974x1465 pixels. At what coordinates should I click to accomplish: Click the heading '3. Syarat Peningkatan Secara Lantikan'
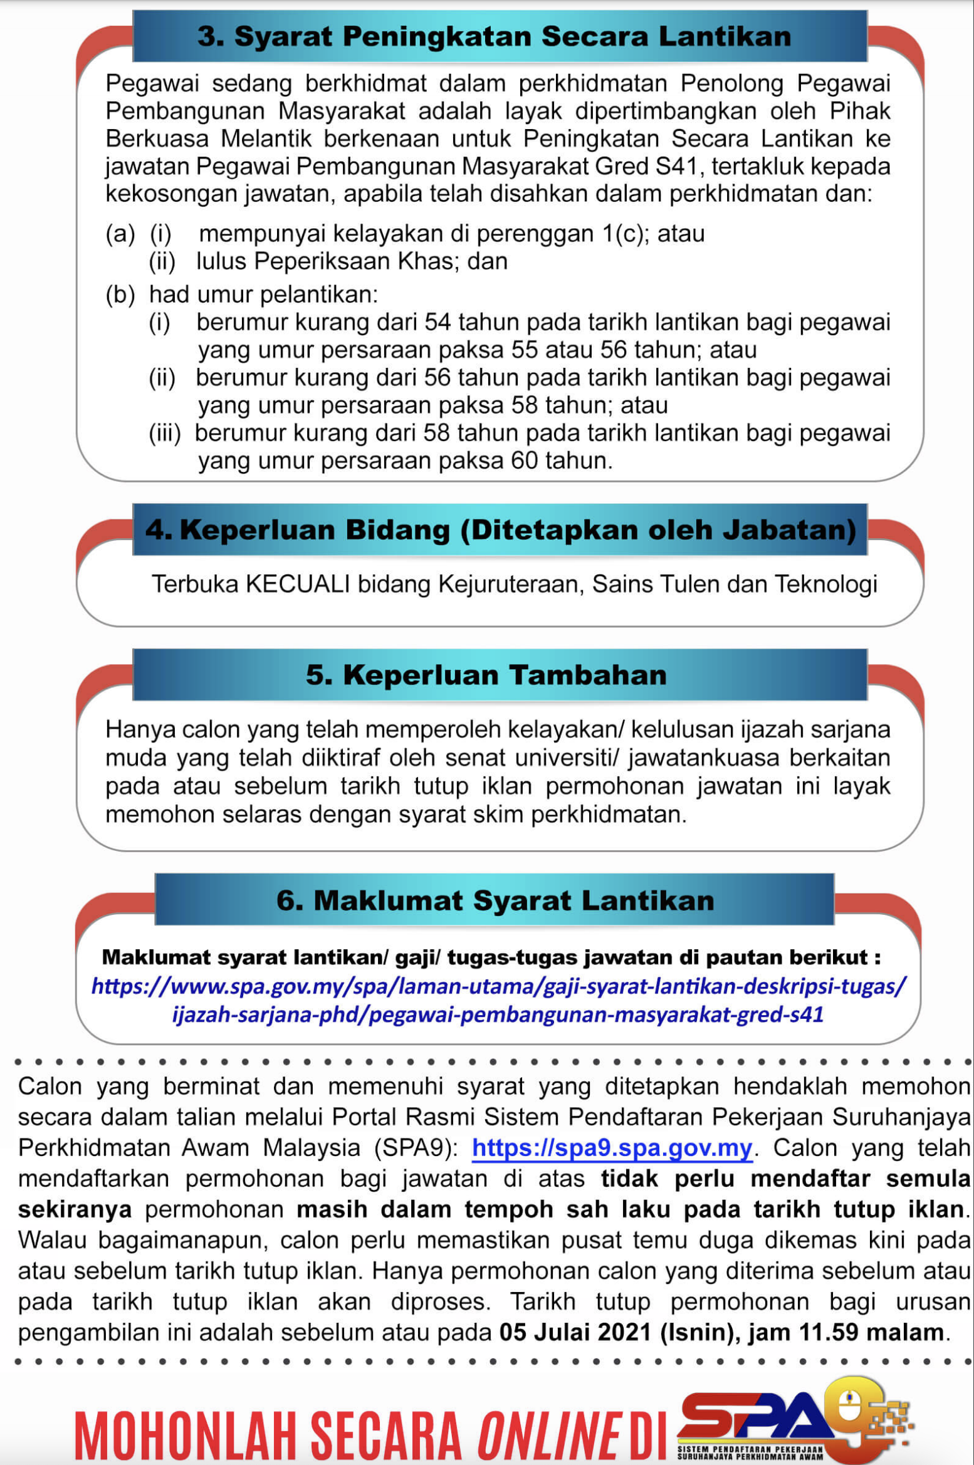pyautogui.click(x=494, y=36)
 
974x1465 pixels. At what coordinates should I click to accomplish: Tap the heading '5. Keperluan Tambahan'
pyautogui.click(x=486, y=675)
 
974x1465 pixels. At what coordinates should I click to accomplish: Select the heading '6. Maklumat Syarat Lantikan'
pyautogui.click(x=495, y=900)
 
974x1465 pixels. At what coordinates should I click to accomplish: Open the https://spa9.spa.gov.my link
pyautogui.click(x=612, y=1147)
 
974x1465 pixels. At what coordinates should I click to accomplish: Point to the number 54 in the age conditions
pyautogui.click(x=437, y=322)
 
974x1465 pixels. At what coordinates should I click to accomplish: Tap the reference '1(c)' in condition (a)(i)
pyautogui.click(x=627, y=234)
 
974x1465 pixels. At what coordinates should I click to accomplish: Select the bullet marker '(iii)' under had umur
pyautogui.click(x=164, y=433)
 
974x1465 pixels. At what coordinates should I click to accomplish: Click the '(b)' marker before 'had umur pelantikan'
pyautogui.click(x=120, y=295)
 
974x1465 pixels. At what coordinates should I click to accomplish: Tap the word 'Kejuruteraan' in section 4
pyautogui.click(x=511, y=584)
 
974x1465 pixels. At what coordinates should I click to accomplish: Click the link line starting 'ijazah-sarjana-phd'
pyautogui.click(x=498, y=1014)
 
